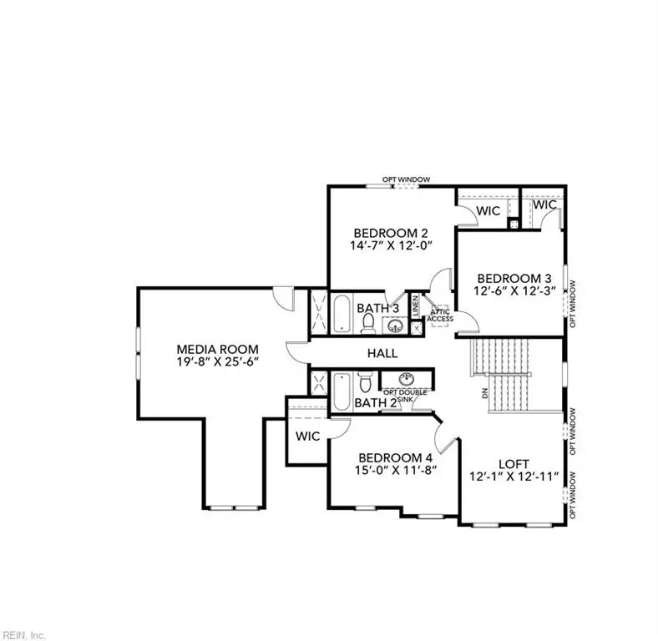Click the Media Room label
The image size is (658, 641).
(217, 349)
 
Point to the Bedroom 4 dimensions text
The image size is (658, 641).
(397, 472)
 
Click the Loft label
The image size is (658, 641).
(514, 464)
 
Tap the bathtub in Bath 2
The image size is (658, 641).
(342, 391)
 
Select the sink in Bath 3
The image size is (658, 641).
(398, 326)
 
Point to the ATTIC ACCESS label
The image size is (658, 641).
(440, 315)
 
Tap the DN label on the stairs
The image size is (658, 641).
(485, 391)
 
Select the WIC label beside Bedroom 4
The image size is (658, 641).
(308, 436)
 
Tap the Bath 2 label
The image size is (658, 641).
(375, 404)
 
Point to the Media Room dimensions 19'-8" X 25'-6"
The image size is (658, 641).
(217, 364)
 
